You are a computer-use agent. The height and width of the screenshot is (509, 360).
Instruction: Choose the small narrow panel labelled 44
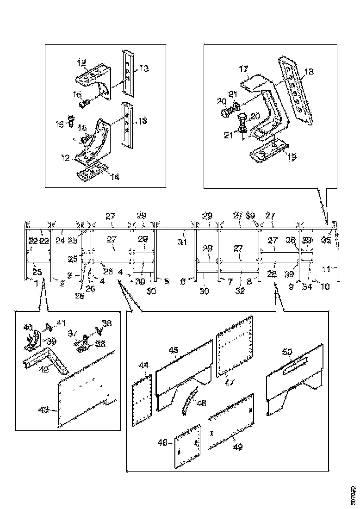coord(143,400)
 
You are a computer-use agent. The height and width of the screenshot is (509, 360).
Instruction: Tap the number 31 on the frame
coord(183,242)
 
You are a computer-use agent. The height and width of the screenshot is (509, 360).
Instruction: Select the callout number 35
coord(326,240)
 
